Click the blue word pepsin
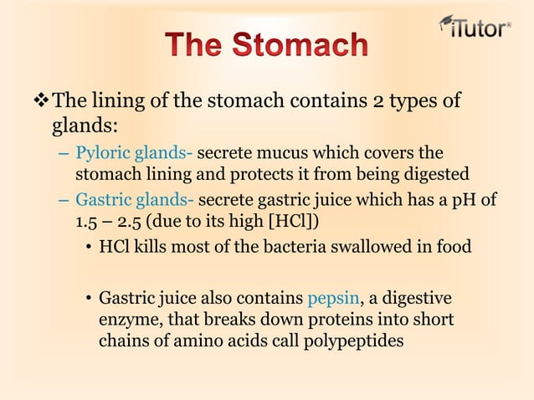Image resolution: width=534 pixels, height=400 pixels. coord(333,299)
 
